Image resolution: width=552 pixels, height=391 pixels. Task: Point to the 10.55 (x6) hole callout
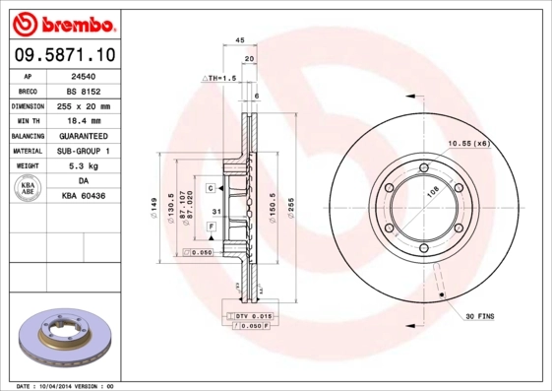(x=467, y=144)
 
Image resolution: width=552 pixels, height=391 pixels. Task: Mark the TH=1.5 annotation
(x=218, y=77)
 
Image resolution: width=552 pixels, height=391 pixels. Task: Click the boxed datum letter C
(x=211, y=187)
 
